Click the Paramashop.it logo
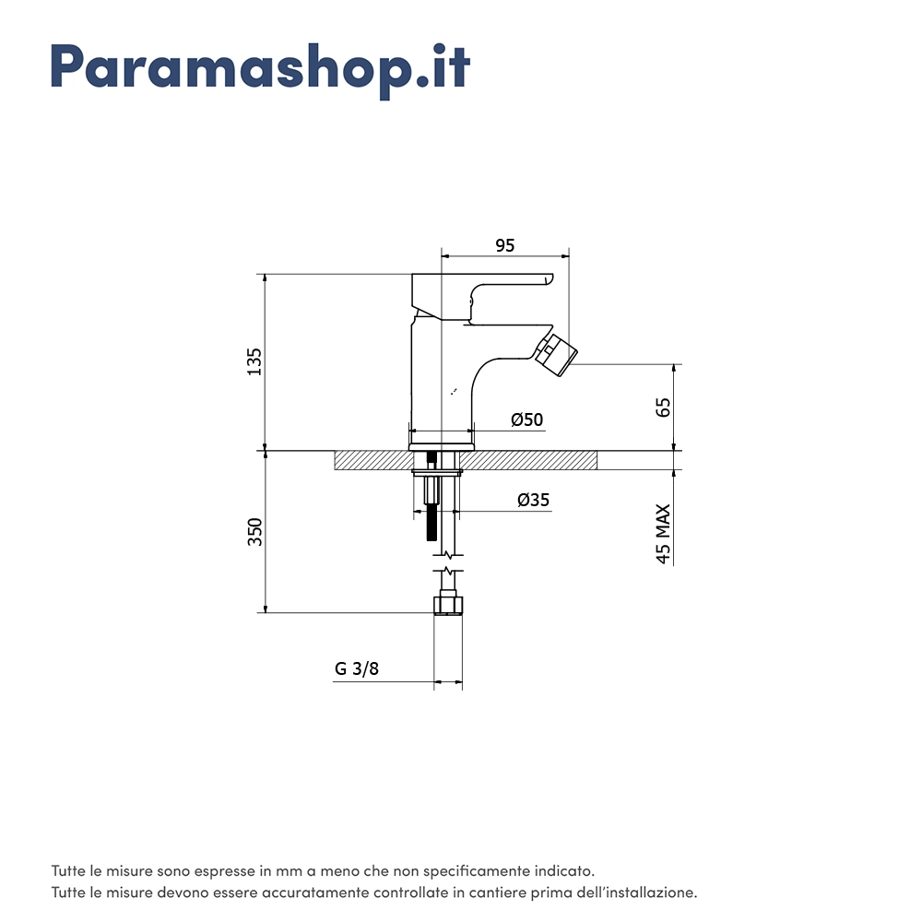coord(261,70)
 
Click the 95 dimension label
coord(505,246)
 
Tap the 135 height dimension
coord(254,361)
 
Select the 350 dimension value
coord(254,532)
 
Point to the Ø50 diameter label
coord(526,420)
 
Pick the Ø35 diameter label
coord(533,500)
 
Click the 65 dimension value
coord(663,408)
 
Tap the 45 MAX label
coord(663,534)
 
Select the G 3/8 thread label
coord(357,668)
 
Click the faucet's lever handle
coord(482,297)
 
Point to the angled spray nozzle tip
coord(556,355)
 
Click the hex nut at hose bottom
coord(448,606)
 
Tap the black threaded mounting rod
coord(432,495)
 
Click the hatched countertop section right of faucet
coord(527,460)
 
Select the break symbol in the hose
coord(448,562)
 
